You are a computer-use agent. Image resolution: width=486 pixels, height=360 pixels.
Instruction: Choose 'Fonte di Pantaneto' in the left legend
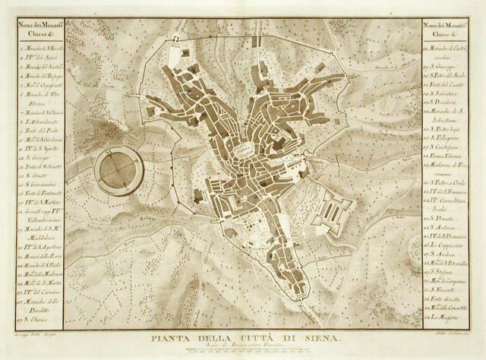[x=37, y=194]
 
